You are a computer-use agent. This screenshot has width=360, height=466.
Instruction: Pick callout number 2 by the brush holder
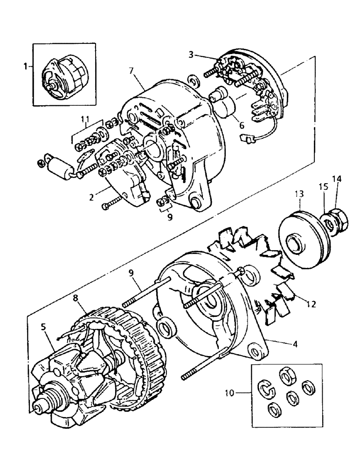[x=92, y=197]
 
